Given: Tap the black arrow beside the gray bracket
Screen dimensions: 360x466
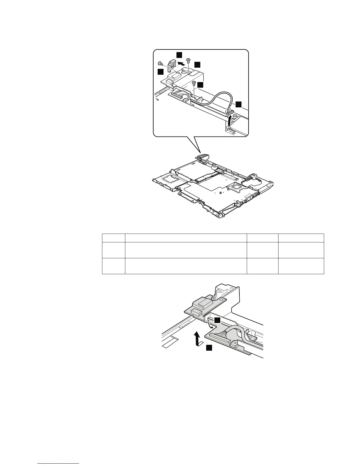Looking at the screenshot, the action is point(182,63).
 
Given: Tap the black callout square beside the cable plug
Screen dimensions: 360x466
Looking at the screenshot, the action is point(239,104).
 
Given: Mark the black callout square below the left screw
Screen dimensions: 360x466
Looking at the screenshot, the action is point(160,72).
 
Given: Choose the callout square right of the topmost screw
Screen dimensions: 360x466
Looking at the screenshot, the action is point(198,64).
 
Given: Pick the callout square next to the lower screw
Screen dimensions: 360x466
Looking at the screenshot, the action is point(200,85).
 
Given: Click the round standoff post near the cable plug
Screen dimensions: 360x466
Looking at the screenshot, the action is point(235,117).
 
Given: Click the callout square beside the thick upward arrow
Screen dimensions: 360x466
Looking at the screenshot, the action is point(209,348).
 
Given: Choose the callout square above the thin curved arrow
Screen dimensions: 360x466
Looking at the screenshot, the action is point(217,320).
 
